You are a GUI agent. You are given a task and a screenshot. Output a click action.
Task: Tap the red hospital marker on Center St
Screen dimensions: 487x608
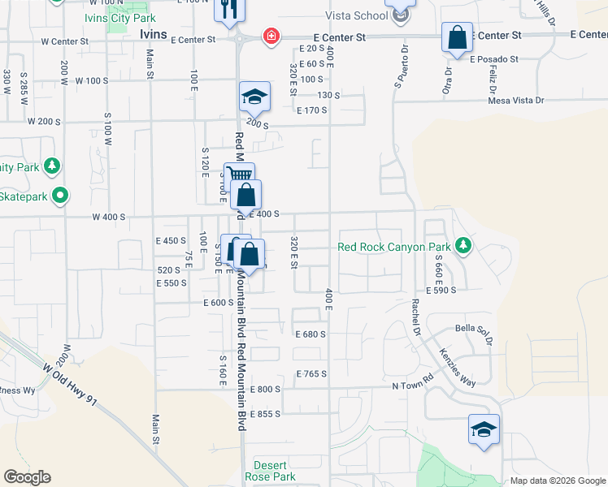click(x=269, y=36)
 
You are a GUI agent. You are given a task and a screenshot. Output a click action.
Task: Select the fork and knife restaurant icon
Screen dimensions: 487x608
click(x=228, y=10)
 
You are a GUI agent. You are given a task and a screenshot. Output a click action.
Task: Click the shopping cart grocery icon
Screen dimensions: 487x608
click(x=237, y=175)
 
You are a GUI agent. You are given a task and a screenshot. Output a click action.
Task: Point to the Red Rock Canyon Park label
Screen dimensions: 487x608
click(x=393, y=246)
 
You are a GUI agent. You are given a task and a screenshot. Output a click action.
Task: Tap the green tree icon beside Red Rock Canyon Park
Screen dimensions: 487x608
click(x=463, y=245)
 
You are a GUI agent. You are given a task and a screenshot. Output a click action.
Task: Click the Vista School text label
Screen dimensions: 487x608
click(x=357, y=15)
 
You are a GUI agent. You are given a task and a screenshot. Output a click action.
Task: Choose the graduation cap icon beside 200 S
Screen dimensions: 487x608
click(x=254, y=97)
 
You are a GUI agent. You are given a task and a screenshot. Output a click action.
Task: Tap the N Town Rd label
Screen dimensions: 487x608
click(x=414, y=386)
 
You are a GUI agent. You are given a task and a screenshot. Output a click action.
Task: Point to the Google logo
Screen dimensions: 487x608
click(x=27, y=477)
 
